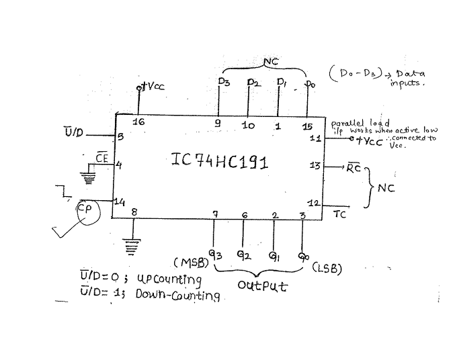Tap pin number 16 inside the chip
138,122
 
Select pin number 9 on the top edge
218,124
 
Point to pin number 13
314,165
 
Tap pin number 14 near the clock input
118,201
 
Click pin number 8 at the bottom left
134,213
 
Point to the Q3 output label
215,255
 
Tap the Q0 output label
304,255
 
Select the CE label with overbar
101,158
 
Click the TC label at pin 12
339,214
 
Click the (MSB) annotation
190,261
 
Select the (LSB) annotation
327,269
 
